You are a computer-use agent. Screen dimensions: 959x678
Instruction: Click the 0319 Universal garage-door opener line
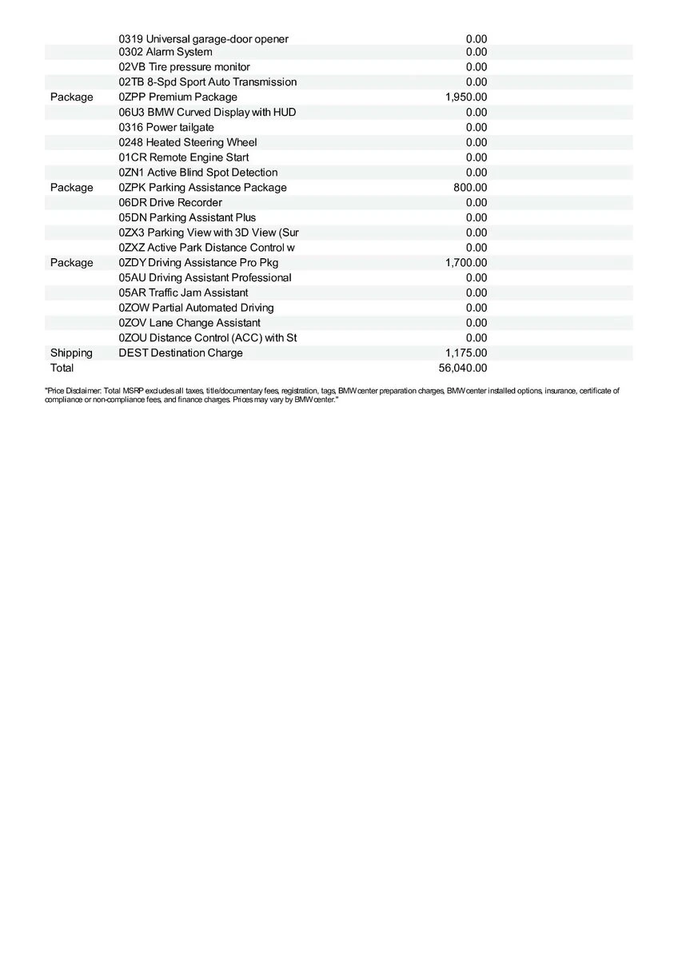pos(203,38)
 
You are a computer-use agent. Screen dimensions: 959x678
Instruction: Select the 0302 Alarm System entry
pos(166,52)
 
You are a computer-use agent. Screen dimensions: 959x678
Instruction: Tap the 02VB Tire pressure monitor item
pos(184,67)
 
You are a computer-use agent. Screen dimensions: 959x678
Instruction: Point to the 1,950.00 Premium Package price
pos(466,97)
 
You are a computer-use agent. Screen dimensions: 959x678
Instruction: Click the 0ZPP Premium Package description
pos(177,97)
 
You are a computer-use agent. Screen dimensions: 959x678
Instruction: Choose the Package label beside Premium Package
pos(72,97)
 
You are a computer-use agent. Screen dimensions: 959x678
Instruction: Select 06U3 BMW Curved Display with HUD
pos(207,112)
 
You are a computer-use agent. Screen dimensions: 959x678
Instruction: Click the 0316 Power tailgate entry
pos(166,127)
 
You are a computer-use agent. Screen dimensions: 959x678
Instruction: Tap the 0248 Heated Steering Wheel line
pos(188,142)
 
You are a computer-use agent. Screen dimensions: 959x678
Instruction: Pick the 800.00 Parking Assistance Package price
pos(470,187)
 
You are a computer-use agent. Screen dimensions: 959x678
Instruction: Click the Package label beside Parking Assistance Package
pos(72,187)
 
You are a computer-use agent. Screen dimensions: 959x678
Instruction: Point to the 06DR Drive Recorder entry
pos(170,202)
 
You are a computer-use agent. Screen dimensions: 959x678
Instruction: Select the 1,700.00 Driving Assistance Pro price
pos(466,262)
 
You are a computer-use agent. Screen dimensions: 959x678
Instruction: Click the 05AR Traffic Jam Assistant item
pos(183,292)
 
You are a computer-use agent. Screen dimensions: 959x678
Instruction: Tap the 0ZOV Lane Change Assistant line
pos(189,323)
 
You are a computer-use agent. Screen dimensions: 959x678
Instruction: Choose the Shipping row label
pos(71,352)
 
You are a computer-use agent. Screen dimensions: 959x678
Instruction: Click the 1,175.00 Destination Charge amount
pos(466,352)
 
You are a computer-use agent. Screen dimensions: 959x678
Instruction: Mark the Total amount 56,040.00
pos(463,368)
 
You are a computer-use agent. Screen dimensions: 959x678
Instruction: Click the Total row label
pos(62,368)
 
